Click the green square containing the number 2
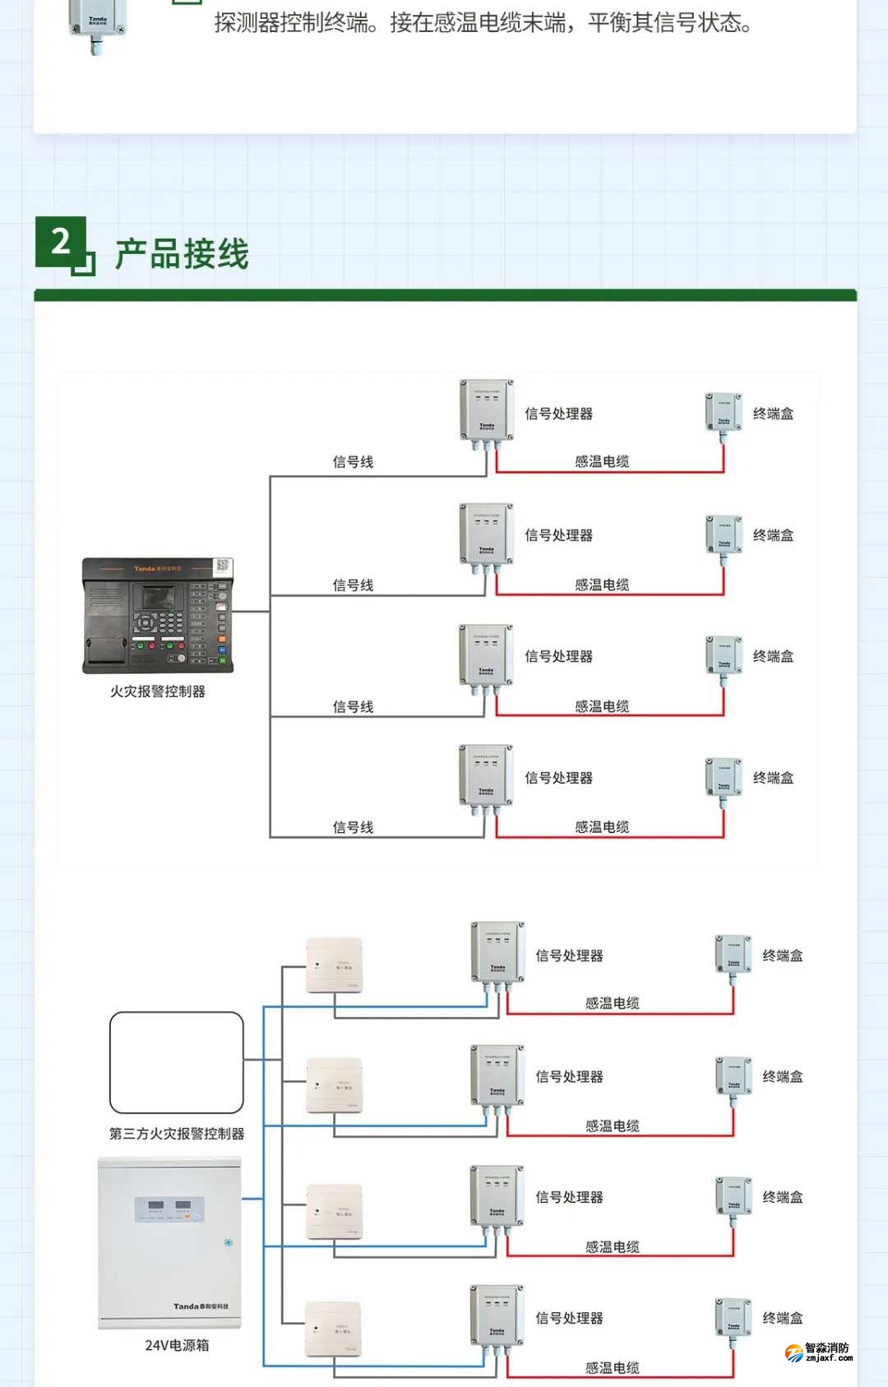[61, 242]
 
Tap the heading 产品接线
[182, 254]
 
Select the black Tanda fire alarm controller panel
[157, 616]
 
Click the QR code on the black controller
[222, 566]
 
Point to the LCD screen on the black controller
[159, 598]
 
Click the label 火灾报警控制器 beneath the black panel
[158, 691]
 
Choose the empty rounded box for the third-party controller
[177, 1062]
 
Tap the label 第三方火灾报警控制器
[177, 1134]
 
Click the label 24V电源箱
[177, 1345]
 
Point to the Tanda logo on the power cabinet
[201, 1306]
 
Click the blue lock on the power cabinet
[228, 1242]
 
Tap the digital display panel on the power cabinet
[169, 1208]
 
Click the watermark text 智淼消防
[826, 1348]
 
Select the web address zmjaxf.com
[829, 1358]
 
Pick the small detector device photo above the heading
[97, 25]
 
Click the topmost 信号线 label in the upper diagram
[353, 462]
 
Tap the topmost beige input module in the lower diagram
[334, 964]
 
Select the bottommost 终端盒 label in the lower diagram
[782, 1318]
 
